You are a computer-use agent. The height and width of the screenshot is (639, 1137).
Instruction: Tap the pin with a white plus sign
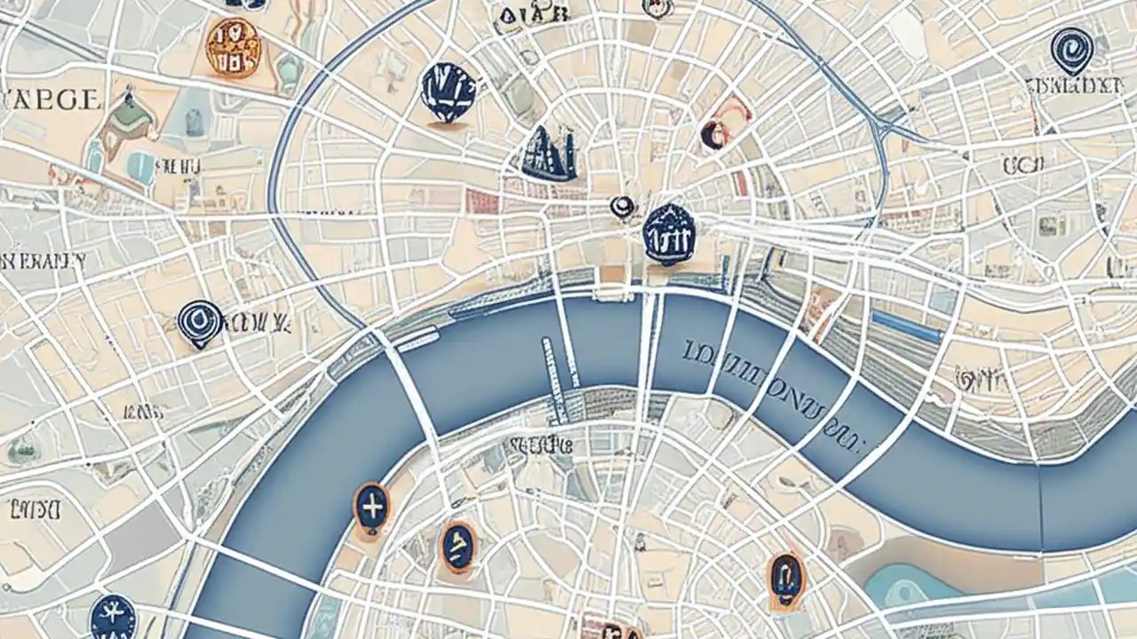[x=371, y=507]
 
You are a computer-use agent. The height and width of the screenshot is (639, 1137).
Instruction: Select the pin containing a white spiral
[x=1070, y=49]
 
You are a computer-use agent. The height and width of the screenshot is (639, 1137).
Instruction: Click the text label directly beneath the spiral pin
[x=1072, y=87]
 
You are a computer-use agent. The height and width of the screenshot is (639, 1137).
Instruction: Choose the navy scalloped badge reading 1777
[x=668, y=233]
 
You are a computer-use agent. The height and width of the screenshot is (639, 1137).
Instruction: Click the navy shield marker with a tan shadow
[x=449, y=92]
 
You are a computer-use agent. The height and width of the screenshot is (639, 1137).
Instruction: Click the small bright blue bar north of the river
[x=906, y=327]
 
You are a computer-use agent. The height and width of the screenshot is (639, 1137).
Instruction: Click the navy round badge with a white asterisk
[x=113, y=617]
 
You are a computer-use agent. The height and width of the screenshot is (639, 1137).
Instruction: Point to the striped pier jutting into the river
[x=555, y=377]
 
